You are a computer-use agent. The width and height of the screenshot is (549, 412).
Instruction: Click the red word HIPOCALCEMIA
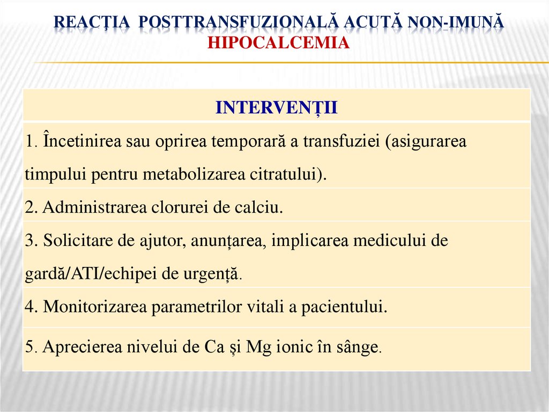coord(278,42)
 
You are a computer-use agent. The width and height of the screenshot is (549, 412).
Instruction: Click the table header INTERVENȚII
coord(276,107)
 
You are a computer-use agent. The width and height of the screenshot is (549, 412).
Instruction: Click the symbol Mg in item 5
coord(256,348)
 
